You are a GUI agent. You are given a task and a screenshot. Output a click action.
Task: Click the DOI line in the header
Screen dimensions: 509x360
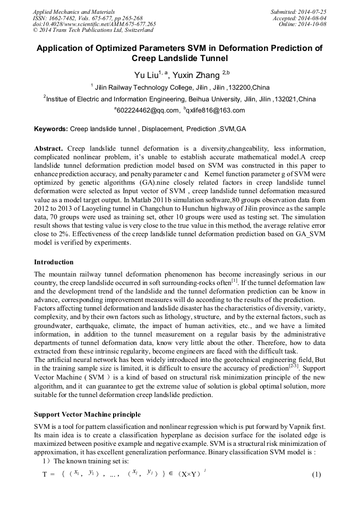pos(94,24)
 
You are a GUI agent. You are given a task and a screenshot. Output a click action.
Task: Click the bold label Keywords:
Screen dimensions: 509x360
pos(51,129)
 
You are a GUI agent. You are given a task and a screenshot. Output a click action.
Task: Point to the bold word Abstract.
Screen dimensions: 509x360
pos(49,148)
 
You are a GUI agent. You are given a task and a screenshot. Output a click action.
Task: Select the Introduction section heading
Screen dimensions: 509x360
pos(54,262)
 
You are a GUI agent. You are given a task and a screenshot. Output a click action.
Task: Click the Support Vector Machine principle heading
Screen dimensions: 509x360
pos(88,414)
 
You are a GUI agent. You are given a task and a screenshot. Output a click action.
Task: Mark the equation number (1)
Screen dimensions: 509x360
pos(316,474)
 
